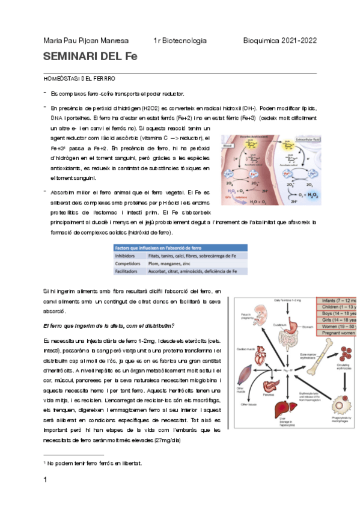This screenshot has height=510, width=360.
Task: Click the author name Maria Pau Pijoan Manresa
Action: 85,40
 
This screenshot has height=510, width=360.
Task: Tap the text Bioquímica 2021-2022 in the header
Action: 279,40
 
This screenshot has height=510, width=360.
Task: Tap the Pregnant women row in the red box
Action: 337,332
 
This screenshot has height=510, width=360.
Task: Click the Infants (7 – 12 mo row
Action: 337,301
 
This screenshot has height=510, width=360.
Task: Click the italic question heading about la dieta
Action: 109,326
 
